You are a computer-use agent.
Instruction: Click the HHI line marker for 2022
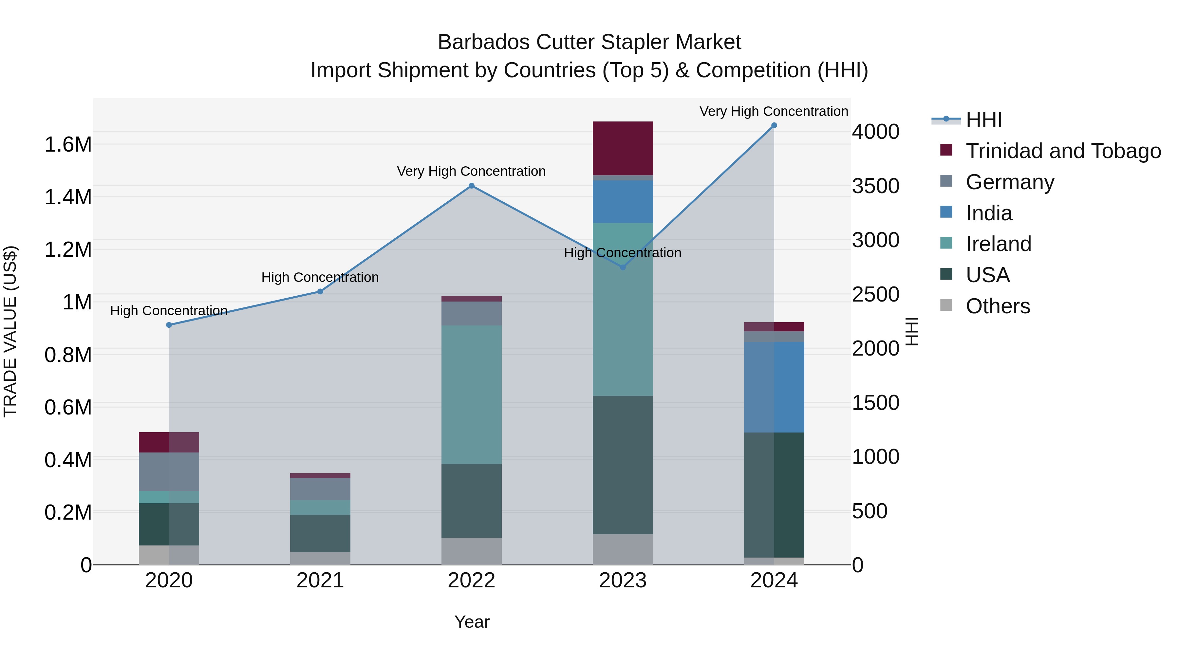click(x=471, y=186)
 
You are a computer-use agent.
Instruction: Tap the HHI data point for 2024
click(x=774, y=125)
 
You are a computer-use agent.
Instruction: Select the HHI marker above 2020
click(x=169, y=325)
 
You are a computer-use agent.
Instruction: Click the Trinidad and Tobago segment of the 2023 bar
click(x=623, y=148)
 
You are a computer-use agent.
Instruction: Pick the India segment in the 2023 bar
click(x=623, y=202)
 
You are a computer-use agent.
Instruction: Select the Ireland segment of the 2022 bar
click(x=471, y=395)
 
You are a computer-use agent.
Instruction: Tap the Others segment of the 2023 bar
click(x=623, y=549)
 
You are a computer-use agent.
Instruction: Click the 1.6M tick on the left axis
click(x=68, y=145)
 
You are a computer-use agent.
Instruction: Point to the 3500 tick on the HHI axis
click(x=875, y=186)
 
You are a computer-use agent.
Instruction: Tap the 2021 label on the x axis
click(x=320, y=580)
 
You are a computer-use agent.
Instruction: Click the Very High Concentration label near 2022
click(x=471, y=171)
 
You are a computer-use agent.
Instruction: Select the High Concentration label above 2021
click(x=320, y=277)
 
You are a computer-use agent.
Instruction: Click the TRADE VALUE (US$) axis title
click(x=10, y=331)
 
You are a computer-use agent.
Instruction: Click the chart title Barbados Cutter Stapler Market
click(x=589, y=42)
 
